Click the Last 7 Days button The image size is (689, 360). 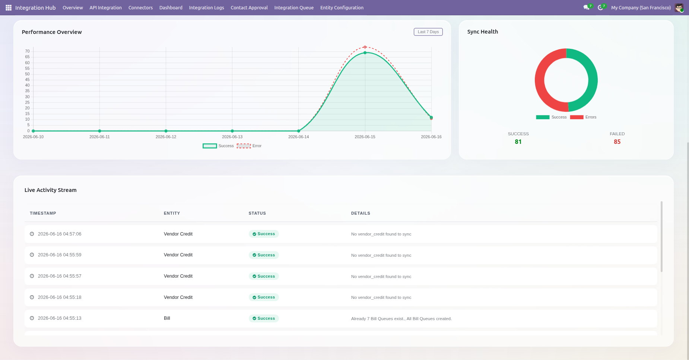click(428, 32)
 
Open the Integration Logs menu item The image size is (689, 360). click(206, 8)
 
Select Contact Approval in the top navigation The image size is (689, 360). click(249, 8)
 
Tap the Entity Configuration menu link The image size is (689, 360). click(342, 8)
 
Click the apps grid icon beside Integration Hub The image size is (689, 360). click(9, 8)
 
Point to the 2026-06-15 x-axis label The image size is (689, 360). click(365, 137)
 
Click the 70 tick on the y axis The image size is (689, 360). click(27, 51)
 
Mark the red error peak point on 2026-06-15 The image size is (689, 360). click(365, 47)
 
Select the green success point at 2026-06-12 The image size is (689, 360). click(166, 131)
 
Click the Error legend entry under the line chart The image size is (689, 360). click(249, 146)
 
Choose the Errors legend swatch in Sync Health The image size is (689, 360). click(577, 117)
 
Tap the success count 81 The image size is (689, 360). click(518, 142)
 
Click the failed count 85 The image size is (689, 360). click(617, 142)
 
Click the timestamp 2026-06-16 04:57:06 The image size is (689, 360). click(60, 234)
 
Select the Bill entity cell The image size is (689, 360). click(167, 318)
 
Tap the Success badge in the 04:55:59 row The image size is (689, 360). click(264, 255)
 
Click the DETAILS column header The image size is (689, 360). click(361, 214)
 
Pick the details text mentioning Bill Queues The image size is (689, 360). click(401, 319)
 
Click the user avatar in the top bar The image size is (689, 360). click(679, 8)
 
